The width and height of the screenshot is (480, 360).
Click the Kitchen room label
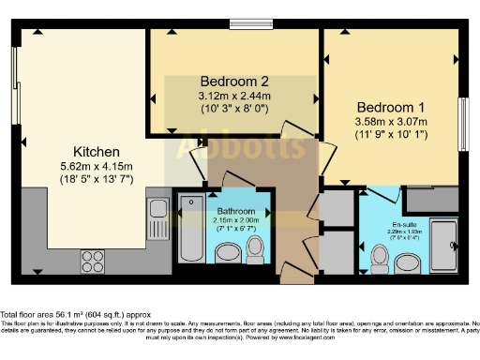(x=97, y=151)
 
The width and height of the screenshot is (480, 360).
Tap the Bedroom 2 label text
(x=234, y=81)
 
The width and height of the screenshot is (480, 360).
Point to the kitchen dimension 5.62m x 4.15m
(x=97, y=165)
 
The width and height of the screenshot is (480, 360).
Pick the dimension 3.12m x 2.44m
(x=234, y=95)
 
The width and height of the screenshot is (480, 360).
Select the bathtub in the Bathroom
(x=190, y=230)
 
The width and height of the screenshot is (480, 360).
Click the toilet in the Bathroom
(x=254, y=249)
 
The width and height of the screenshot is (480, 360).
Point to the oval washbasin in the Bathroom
(x=227, y=254)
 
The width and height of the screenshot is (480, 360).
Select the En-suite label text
(x=403, y=225)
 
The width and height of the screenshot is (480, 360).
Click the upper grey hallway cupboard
(x=333, y=207)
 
